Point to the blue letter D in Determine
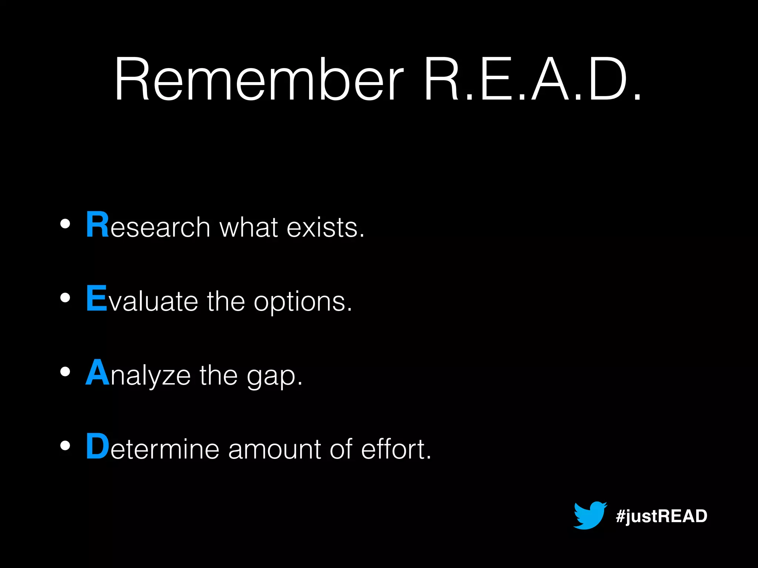[98, 446]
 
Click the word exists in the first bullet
[326, 227]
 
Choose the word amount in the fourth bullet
[274, 449]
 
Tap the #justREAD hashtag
[661, 516]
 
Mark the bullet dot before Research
[65, 224]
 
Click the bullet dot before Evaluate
[65, 298]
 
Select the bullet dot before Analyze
[65, 372]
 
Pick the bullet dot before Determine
[65, 446]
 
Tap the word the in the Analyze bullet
[218, 375]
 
